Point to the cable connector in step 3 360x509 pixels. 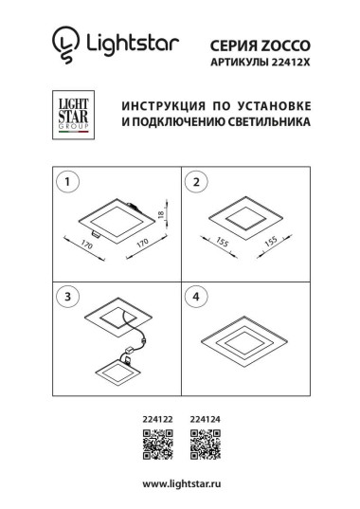pyautogui.click(x=140, y=346)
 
